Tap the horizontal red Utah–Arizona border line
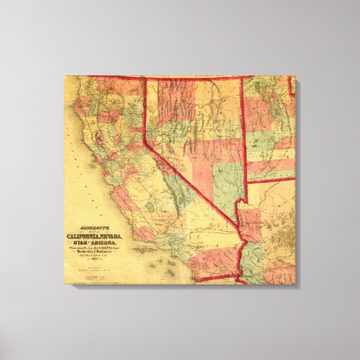coord(270,180)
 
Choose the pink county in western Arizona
coord(249,221)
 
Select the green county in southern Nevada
coord(224,183)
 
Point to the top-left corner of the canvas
coord(65,76)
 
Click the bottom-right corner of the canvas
coord(296,284)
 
